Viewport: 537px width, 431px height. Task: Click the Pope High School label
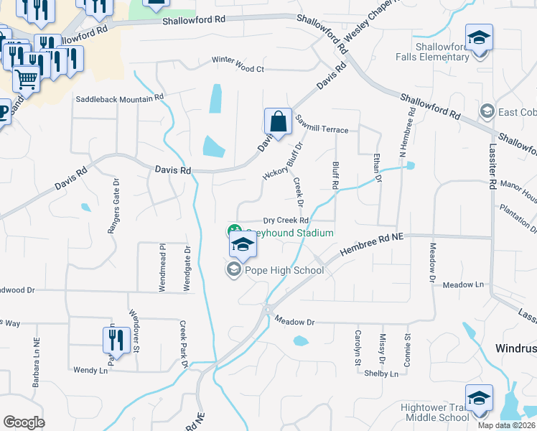tap(284, 271)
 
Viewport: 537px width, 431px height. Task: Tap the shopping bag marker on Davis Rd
tap(278, 123)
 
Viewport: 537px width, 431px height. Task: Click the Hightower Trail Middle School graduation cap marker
tap(479, 400)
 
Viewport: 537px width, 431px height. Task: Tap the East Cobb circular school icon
tap(487, 112)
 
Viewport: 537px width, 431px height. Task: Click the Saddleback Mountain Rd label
tap(120, 96)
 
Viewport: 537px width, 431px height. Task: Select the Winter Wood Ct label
tap(238, 69)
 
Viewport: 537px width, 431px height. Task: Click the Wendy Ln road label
tap(90, 371)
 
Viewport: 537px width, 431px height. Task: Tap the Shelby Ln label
tap(380, 374)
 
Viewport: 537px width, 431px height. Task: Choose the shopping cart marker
tap(26, 78)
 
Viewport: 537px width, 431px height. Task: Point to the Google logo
tap(24, 422)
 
